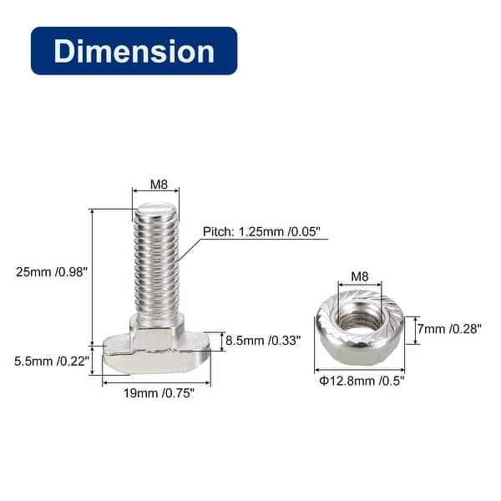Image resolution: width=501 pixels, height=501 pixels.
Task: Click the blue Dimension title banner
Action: [134, 51]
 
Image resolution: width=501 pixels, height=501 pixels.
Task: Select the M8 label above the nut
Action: [359, 276]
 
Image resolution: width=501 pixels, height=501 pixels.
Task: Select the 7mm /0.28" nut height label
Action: [450, 329]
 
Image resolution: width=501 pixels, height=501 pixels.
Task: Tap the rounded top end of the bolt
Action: [156, 209]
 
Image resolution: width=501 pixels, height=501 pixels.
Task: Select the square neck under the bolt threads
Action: [156, 336]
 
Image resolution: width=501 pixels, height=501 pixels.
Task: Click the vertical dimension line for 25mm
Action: [92, 276]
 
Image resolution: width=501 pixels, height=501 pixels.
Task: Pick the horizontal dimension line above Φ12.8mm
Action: [359, 371]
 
